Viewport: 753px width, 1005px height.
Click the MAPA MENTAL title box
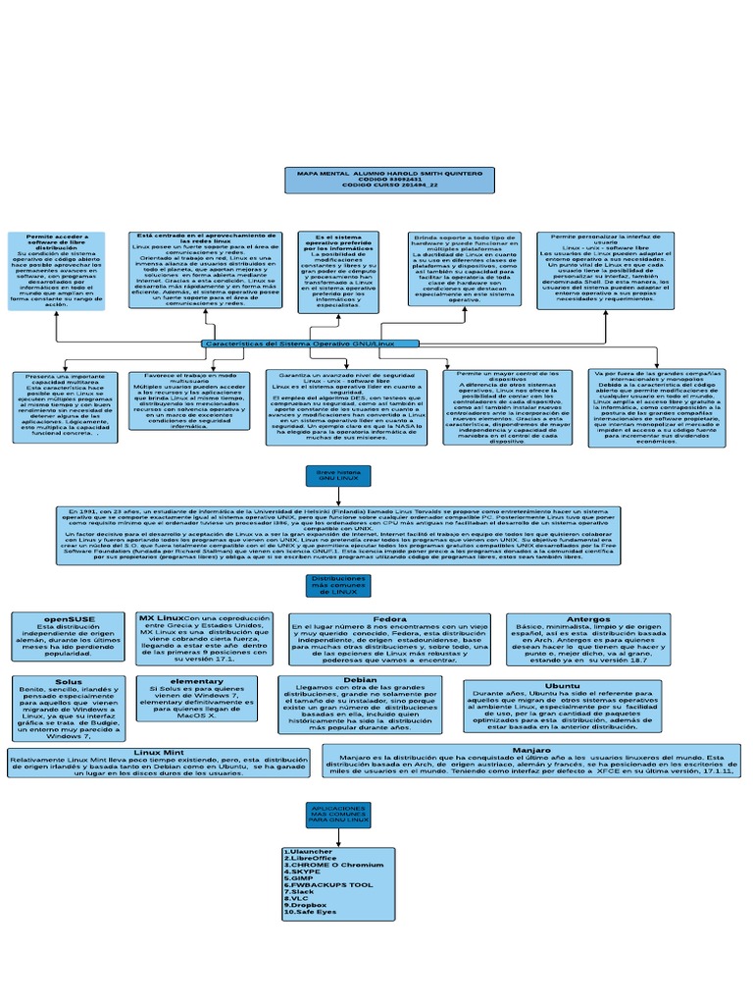click(x=376, y=180)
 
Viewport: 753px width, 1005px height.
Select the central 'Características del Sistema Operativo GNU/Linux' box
click(x=311, y=344)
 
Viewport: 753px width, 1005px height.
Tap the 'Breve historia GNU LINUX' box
click(x=338, y=476)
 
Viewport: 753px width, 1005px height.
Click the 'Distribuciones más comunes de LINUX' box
click(x=338, y=586)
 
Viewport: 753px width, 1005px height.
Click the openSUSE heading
click(x=69, y=619)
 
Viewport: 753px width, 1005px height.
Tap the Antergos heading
click(x=588, y=619)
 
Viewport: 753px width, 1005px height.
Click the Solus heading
click(x=69, y=680)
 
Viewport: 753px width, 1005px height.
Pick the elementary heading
click(x=196, y=680)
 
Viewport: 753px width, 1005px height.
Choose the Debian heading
click(x=361, y=679)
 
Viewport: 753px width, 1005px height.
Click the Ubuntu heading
click(x=562, y=685)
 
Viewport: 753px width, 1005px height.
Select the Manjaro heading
click(x=531, y=749)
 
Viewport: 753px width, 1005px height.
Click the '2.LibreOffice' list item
click(x=311, y=859)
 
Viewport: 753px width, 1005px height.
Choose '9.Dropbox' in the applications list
click(x=306, y=905)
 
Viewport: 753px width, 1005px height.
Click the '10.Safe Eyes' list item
click(x=310, y=913)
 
